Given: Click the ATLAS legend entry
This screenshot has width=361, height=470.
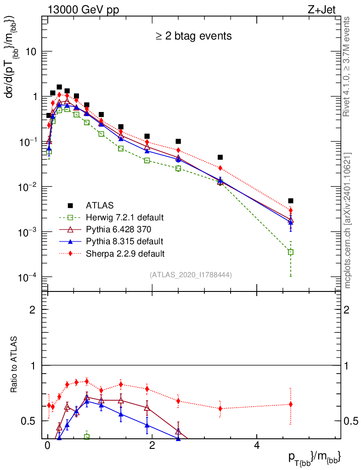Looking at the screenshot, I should (x=100, y=205).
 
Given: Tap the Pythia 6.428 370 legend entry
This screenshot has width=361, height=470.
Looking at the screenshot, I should (x=121, y=229).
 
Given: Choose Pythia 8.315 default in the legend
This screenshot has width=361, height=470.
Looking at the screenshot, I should (x=124, y=241).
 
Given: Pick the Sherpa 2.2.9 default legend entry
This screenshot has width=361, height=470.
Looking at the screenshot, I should (x=125, y=253).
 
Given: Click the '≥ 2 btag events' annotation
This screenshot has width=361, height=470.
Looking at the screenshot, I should (x=193, y=36).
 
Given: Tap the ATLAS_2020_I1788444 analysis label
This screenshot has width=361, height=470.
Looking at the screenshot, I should (x=190, y=275).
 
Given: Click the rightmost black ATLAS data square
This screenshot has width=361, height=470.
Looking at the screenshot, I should (x=291, y=201).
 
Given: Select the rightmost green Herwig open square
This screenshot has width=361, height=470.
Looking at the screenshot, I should (x=291, y=252).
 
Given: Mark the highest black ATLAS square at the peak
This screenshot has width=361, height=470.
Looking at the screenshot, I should (x=59, y=87).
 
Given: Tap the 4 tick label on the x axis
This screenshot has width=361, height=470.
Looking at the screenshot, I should (x=257, y=447).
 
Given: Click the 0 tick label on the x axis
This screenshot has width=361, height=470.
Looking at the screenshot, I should (x=47, y=447).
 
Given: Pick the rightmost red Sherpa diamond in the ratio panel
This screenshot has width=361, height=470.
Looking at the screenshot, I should (x=291, y=404).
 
